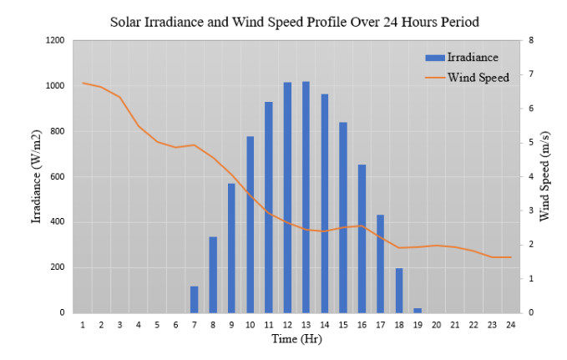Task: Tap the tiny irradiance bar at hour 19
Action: pyautogui.click(x=418, y=310)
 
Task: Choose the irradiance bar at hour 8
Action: pyautogui.click(x=213, y=275)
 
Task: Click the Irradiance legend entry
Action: pyautogui.click(x=459, y=58)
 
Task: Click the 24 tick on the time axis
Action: pyautogui.click(x=510, y=324)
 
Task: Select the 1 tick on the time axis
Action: pyautogui.click(x=83, y=324)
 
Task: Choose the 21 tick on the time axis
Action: pyautogui.click(x=454, y=324)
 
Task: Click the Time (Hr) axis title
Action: pyautogui.click(x=296, y=339)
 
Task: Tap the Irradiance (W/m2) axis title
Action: pyautogui.click(x=37, y=176)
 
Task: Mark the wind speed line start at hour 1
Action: pyautogui.click(x=83, y=83)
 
